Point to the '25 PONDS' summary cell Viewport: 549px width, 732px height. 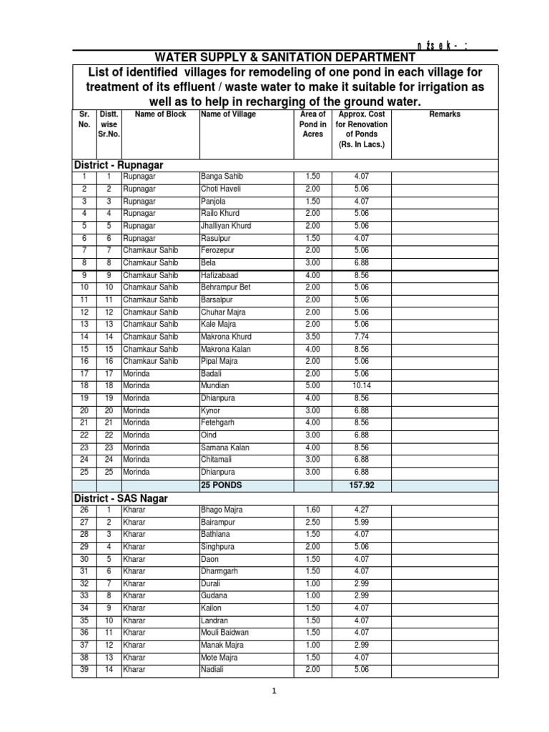point(222,485)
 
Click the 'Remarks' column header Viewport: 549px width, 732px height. point(445,114)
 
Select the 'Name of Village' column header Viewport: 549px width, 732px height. point(229,114)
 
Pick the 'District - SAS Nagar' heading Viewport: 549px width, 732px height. point(121,498)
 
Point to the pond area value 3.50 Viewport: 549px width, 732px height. point(312,336)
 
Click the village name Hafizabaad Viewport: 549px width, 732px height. point(221,275)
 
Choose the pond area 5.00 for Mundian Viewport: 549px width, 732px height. point(312,385)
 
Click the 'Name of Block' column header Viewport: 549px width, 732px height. point(160,114)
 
